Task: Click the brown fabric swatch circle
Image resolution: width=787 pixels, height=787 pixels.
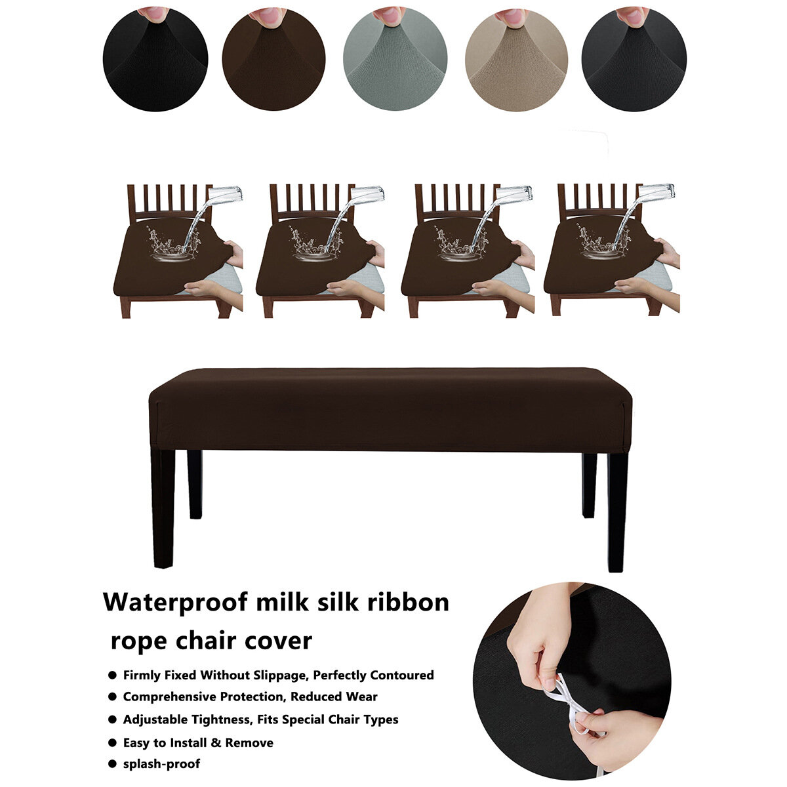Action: point(273,59)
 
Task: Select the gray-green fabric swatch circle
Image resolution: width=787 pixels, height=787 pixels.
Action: point(395,59)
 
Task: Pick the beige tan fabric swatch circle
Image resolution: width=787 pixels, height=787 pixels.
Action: point(516,59)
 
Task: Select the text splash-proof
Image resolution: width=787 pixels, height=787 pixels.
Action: point(161,764)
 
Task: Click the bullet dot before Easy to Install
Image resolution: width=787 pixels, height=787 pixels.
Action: point(113,742)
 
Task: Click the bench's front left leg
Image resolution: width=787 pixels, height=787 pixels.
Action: point(163,509)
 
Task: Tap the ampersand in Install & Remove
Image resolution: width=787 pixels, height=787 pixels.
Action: point(216,742)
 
